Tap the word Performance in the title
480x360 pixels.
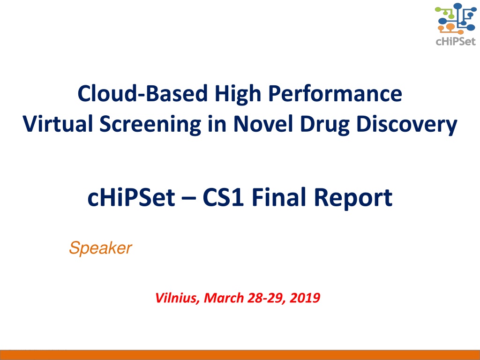335,94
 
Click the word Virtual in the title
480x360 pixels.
58,124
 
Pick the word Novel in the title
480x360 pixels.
263,124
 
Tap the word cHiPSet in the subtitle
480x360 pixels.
131,197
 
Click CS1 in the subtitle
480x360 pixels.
223,197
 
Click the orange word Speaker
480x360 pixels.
100,248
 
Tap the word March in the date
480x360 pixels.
224,298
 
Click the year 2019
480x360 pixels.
305,298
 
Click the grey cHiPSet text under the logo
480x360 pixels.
456,42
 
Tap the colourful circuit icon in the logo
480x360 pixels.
456,18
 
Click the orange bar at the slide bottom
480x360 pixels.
240,355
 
